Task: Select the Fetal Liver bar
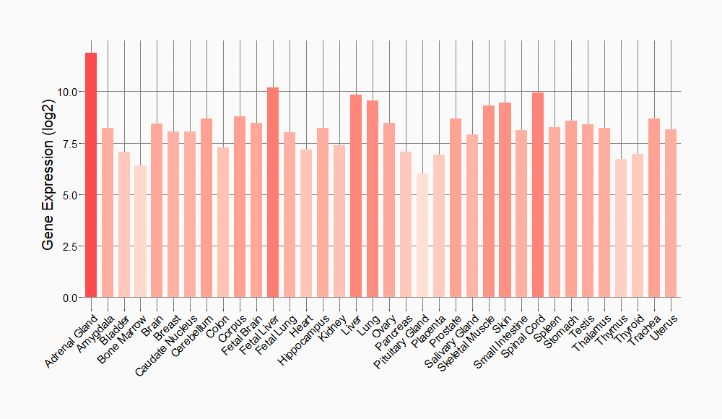click(273, 192)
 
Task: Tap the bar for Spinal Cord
click(538, 195)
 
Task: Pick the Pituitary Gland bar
click(422, 236)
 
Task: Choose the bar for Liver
click(356, 196)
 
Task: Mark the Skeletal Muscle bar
click(488, 202)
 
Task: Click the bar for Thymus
click(620, 228)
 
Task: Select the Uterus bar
click(670, 213)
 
